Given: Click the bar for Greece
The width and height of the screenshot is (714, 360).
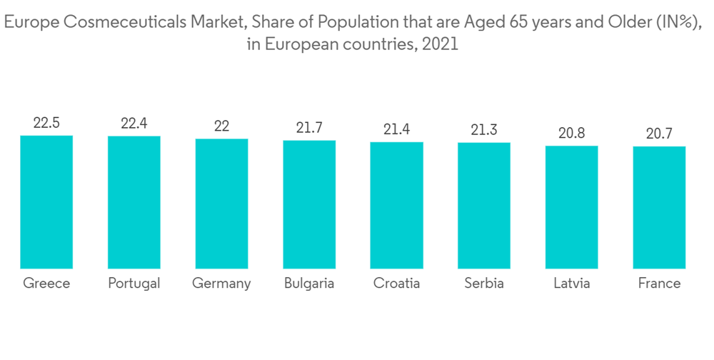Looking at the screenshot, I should pos(46,202).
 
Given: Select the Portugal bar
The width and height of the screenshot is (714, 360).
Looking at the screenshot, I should pos(134,202).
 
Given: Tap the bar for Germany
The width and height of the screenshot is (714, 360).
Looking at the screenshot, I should pos(221,204).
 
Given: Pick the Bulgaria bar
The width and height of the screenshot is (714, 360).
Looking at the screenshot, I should pos(309,204).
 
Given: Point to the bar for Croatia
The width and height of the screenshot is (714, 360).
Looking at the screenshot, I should pos(396,205).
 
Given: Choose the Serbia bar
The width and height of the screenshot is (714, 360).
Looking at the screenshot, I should pos(484,206).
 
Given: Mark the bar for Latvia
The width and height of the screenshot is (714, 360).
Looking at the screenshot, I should pos(572,207).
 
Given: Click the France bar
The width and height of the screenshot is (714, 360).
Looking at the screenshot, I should pos(659,207).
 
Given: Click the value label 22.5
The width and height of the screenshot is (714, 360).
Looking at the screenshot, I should pos(46,123).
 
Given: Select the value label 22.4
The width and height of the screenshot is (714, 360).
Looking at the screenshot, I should pos(134,124).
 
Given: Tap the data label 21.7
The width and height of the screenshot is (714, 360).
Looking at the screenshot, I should pos(309,128).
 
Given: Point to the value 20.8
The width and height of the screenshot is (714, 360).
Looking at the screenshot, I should pos(572,133).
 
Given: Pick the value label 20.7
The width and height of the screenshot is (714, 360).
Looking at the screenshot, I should pos(659,134).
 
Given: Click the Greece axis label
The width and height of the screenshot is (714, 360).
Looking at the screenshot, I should pos(46,284).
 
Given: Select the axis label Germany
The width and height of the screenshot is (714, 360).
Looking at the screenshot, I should pos(221,284).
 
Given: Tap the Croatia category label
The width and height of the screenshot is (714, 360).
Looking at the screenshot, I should pos(396,284).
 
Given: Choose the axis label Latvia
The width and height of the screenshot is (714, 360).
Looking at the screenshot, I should pos(572,284).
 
